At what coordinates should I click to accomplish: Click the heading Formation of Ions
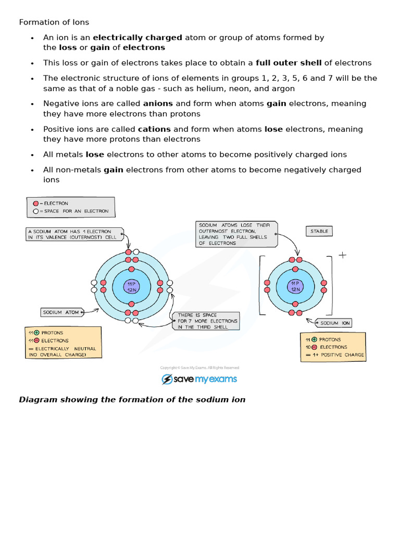click(x=54, y=22)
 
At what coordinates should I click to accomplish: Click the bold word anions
click(x=158, y=104)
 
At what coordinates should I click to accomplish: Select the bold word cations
click(x=154, y=129)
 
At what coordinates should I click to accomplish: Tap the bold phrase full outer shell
click(x=289, y=63)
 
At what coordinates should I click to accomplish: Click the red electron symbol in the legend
click(x=35, y=204)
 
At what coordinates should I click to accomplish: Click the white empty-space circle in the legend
click(x=35, y=211)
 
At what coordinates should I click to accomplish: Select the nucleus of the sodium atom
click(x=131, y=286)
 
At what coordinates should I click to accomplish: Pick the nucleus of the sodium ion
click(x=295, y=286)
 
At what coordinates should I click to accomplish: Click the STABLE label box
click(x=319, y=231)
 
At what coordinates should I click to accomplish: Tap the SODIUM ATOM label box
click(x=61, y=312)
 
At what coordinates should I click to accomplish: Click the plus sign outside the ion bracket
click(x=342, y=255)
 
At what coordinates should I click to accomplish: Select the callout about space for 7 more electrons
click(x=207, y=321)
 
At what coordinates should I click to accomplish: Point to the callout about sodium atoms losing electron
click(x=236, y=234)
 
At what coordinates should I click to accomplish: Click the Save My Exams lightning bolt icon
click(x=167, y=379)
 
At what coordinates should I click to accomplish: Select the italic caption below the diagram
click(x=132, y=400)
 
